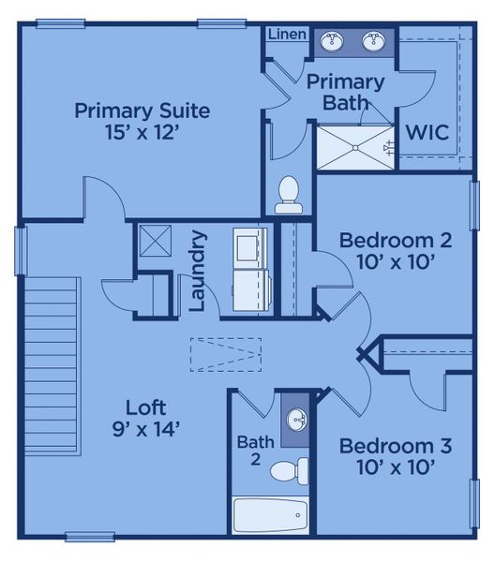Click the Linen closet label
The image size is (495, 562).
(x=287, y=35)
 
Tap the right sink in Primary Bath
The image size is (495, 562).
(x=374, y=41)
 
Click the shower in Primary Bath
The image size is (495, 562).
(x=354, y=146)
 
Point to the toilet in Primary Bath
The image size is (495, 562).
(x=289, y=194)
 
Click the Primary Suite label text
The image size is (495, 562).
(x=142, y=111)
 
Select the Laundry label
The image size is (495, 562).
(x=198, y=271)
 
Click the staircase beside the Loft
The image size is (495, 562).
(x=52, y=355)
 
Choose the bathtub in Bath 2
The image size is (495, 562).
(x=269, y=514)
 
